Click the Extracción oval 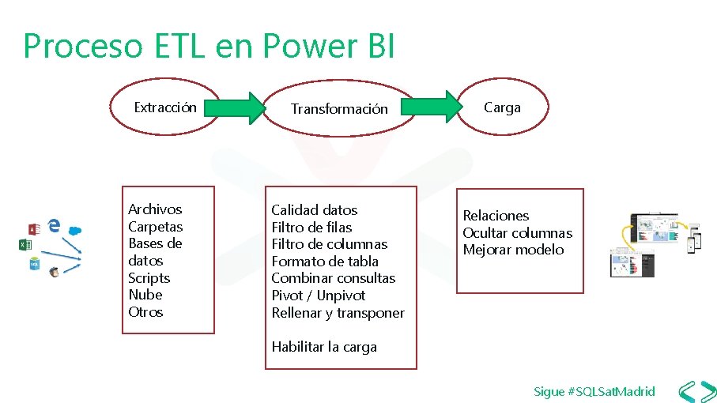coord(165,107)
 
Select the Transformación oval coord(339,109)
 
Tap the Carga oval coord(503,107)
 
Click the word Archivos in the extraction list coord(155,209)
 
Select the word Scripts coord(149,277)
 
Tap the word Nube coord(145,295)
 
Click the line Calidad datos coord(314,209)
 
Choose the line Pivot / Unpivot coord(318,295)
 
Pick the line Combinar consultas coord(333,277)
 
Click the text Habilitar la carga coord(324,346)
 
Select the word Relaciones coord(496,215)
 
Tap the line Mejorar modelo coord(513,250)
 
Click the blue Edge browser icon coord(54,225)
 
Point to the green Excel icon coord(25,246)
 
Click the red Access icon coord(34,229)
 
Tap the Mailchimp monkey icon coord(54,272)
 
